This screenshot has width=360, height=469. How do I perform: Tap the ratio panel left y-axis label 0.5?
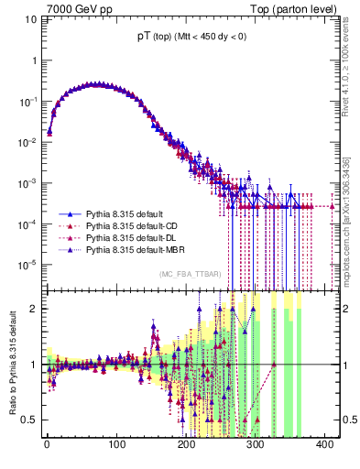[x=27, y=420]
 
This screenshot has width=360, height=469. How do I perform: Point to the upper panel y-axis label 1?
[x=30, y=60]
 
